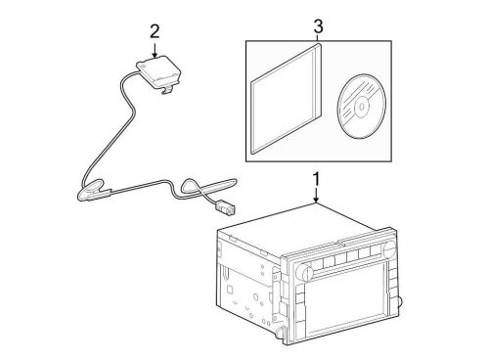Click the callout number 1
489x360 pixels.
point(315,179)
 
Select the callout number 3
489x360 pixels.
point(315,24)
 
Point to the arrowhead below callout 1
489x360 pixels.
point(315,202)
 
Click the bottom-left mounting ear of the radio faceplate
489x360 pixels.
point(290,337)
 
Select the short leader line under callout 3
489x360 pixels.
point(315,37)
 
